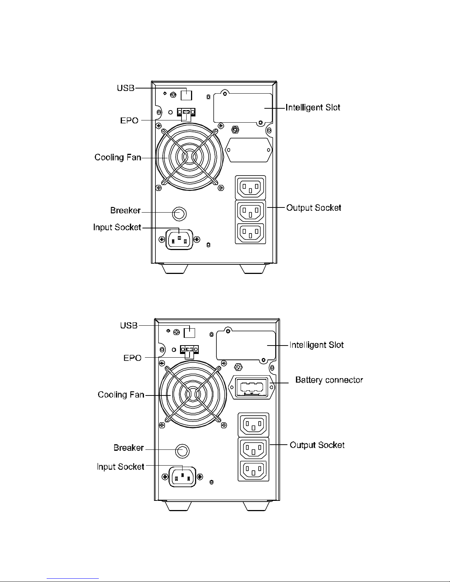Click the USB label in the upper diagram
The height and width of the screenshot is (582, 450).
126,88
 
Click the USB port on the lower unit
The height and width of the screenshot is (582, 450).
189,332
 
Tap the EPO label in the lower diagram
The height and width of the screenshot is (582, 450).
132,358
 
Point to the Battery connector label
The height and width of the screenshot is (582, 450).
329,380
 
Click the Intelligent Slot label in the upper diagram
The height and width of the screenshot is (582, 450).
313,108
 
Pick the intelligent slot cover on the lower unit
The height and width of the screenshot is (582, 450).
246,346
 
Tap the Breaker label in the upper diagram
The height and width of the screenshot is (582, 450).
125,210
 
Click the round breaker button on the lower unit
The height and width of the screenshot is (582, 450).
182,450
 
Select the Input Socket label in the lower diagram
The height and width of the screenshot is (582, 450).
120,467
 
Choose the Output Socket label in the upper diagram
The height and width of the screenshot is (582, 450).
314,207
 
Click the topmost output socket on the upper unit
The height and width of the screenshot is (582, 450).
250,187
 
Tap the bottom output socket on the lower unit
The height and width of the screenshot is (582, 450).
254,471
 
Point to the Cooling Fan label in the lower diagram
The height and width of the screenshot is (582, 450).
121,395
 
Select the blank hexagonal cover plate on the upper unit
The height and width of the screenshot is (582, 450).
249,150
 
